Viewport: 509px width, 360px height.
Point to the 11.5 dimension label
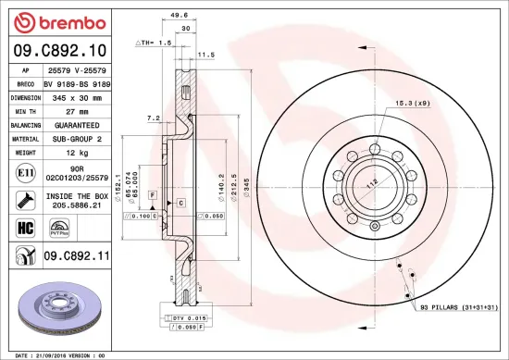tap(206, 55)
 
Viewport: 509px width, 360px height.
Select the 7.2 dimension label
tap(154, 118)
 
